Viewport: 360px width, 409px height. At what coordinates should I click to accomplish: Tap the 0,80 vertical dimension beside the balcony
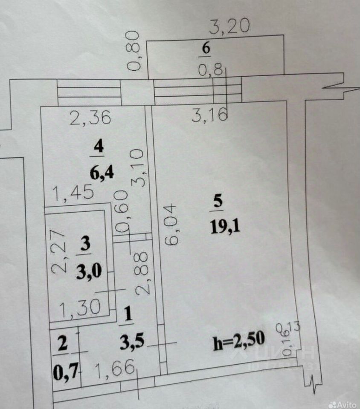click(134, 51)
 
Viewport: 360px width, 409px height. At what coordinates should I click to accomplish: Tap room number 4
click(99, 147)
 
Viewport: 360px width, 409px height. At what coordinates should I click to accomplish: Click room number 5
click(218, 202)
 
